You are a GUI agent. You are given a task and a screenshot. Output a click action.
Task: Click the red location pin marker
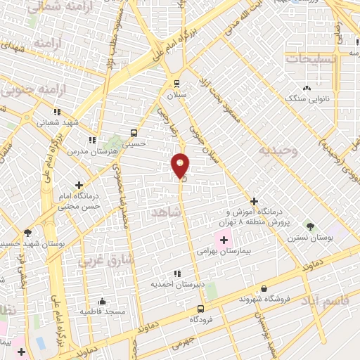(x=180, y=166)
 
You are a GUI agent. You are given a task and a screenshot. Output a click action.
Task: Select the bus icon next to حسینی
(x=134, y=132)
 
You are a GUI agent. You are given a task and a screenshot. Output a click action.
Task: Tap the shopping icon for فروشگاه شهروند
(x=264, y=288)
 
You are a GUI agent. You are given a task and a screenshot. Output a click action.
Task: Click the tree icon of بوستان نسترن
(x=310, y=226)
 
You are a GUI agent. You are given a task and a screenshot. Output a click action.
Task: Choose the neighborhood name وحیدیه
(x=277, y=150)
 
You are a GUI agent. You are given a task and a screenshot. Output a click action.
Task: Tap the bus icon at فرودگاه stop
(x=201, y=309)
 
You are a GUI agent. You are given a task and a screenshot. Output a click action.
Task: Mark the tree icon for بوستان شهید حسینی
(x=27, y=231)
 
